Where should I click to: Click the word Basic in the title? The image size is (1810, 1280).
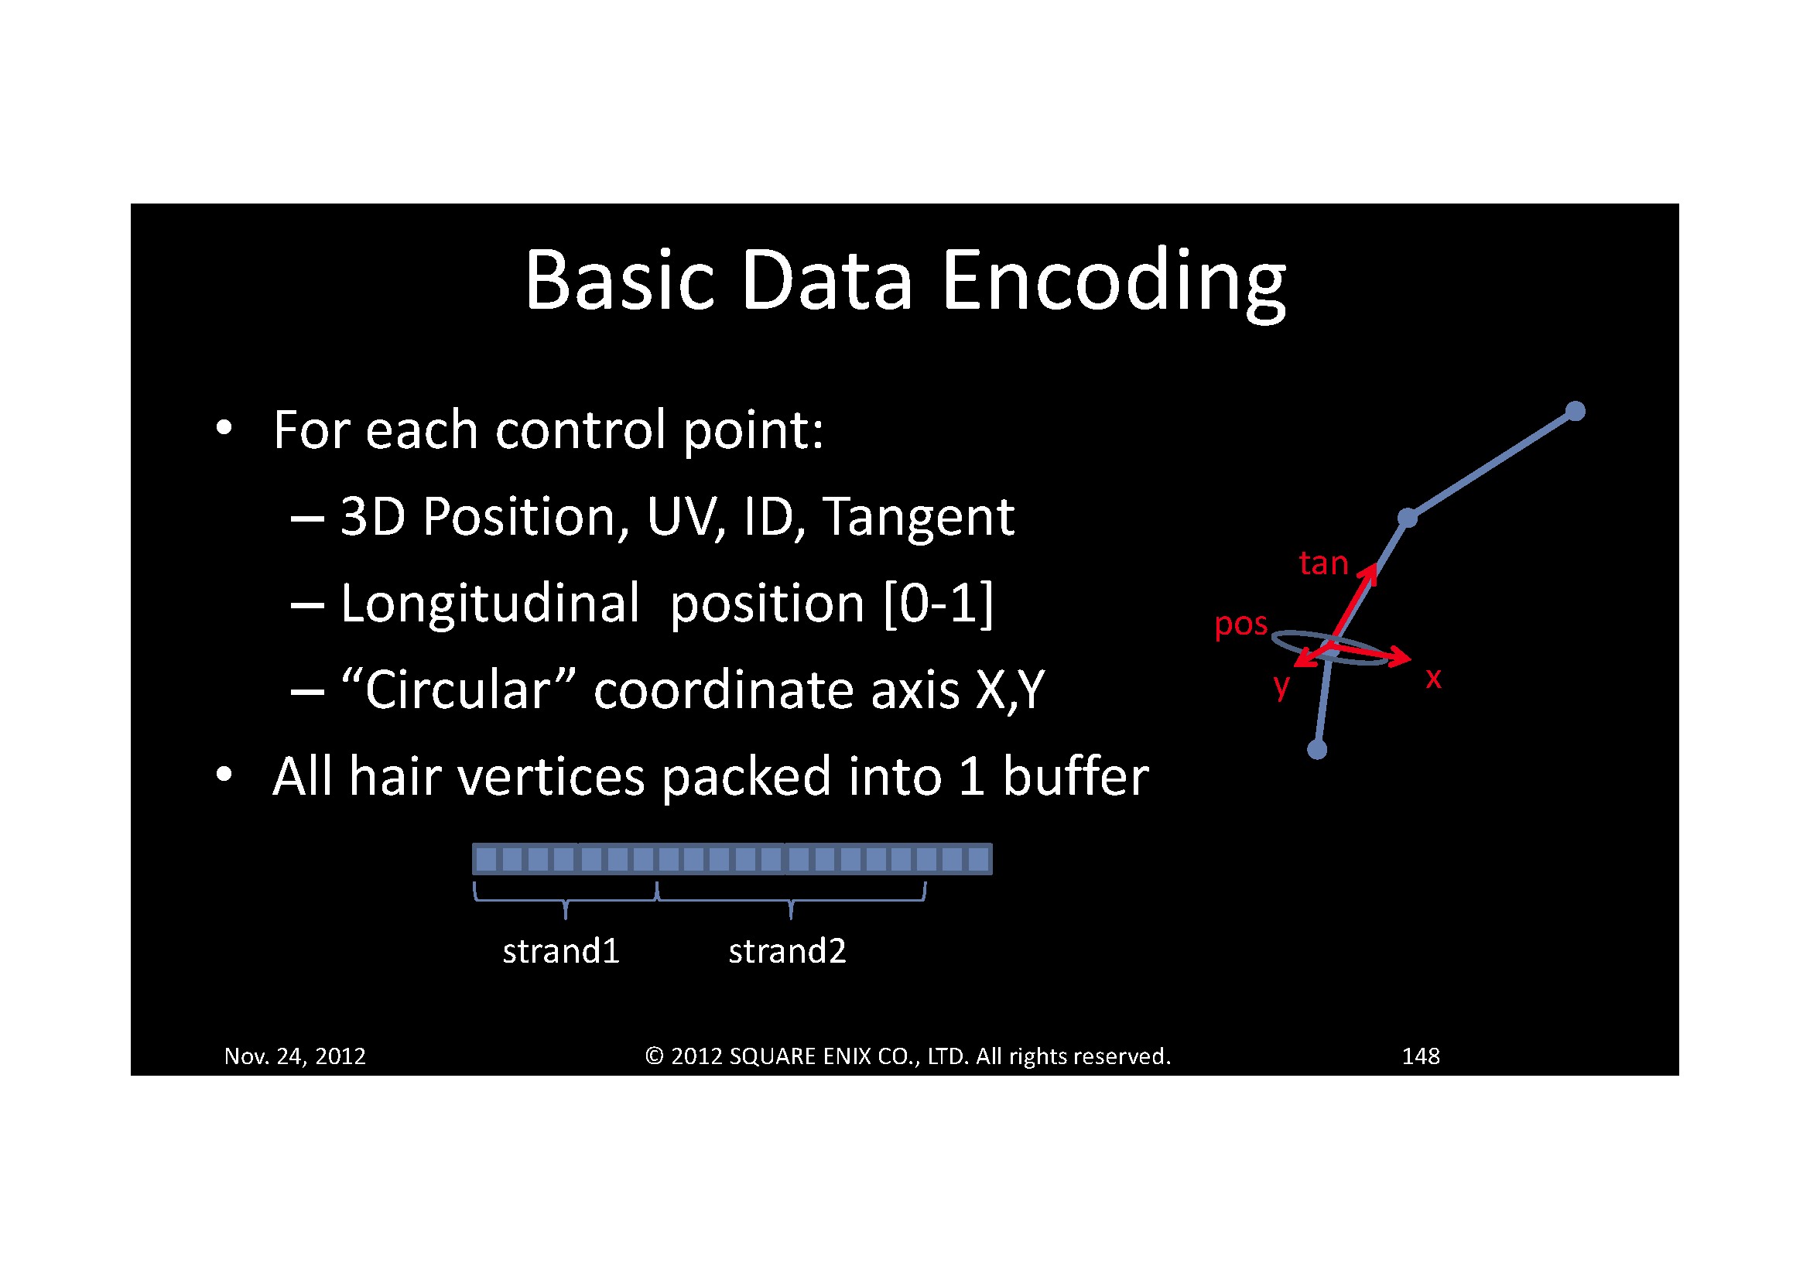point(620,280)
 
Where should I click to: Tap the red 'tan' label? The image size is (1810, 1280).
point(1323,563)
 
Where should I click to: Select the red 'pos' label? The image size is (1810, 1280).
point(1240,625)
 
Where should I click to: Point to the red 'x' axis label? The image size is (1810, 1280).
point(1433,678)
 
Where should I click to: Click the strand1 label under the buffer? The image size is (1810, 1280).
point(561,951)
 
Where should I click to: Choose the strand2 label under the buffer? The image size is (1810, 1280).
point(787,951)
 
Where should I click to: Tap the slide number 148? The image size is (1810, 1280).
point(1421,1056)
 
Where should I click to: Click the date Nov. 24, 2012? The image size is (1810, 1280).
point(295,1056)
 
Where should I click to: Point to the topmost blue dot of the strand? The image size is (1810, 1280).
point(1575,412)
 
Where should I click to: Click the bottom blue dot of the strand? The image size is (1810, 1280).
point(1317,750)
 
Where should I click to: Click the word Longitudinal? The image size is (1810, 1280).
point(490,604)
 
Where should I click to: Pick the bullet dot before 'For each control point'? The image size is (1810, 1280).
point(224,427)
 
